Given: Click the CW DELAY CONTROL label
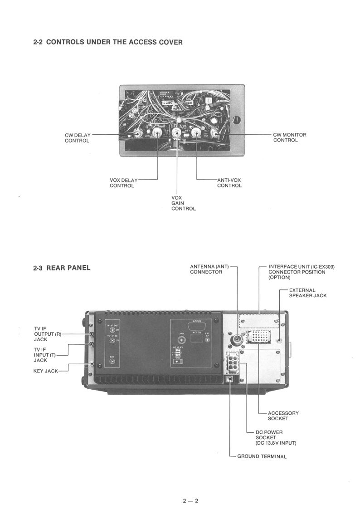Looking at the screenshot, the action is pyautogui.click(x=77, y=137).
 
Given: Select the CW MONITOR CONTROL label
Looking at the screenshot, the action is pyautogui.click(x=289, y=137).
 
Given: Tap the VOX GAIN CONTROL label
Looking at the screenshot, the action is pyautogui.click(x=183, y=203).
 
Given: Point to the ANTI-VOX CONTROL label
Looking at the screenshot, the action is pyautogui.click(x=229, y=183).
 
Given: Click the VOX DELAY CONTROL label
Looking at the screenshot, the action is pyautogui.click(x=123, y=183).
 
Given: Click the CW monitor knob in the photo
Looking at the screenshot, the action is pyautogui.click(x=214, y=133).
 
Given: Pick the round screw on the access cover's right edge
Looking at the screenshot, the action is pyautogui.click(x=235, y=120).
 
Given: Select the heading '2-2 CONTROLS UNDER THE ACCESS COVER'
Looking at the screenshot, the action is pyautogui.click(x=108, y=43).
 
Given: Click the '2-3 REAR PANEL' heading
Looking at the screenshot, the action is pyautogui.click(x=62, y=268).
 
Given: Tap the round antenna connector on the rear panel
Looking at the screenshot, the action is pyautogui.click(x=237, y=340).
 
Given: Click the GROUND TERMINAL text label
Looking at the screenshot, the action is pyautogui.click(x=262, y=456).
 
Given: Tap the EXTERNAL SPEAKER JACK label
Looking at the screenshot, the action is pyautogui.click(x=308, y=293).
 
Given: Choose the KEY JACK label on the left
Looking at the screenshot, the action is pyautogui.click(x=46, y=371).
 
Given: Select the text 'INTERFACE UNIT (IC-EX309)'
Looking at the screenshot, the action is pyautogui.click(x=301, y=267).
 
